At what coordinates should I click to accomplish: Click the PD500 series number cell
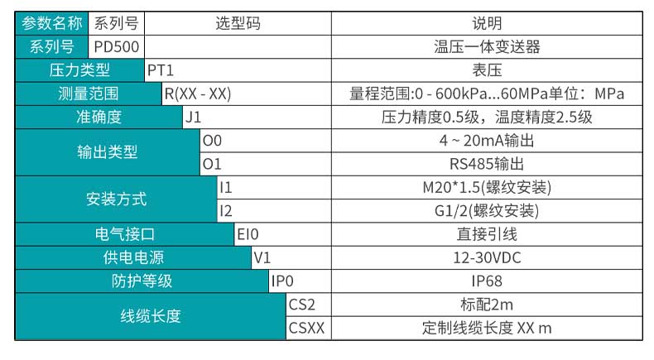[x=111, y=47]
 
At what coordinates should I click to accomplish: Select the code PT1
[x=161, y=70]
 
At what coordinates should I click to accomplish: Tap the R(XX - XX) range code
[x=197, y=94]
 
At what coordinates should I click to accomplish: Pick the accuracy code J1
[x=193, y=118]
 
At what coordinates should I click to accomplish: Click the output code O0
[x=212, y=141]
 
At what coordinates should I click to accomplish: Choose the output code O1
[x=212, y=164]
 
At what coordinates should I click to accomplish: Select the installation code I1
[x=226, y=187]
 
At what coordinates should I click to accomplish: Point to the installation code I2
[x=226, y=211]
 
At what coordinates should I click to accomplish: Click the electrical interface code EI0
[x=248, y=234]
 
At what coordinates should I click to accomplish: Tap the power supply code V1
[x=262, y=257]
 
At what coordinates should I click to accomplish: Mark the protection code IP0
[x=283, y=281]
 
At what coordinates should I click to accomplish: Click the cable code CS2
[x=303, y=304]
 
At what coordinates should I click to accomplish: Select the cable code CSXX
[x=306, y=328]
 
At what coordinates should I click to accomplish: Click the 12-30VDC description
[x=487, y=257]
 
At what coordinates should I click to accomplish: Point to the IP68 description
[x=487, y=281]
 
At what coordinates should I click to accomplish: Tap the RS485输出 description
[x=487, y=164]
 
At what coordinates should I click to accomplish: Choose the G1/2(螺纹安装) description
[x=487, y=211]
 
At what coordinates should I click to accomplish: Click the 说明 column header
[x=487, y=24]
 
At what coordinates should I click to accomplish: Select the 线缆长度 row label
[x=151, y=316]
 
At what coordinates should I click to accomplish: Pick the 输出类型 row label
[x=108, y=152]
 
